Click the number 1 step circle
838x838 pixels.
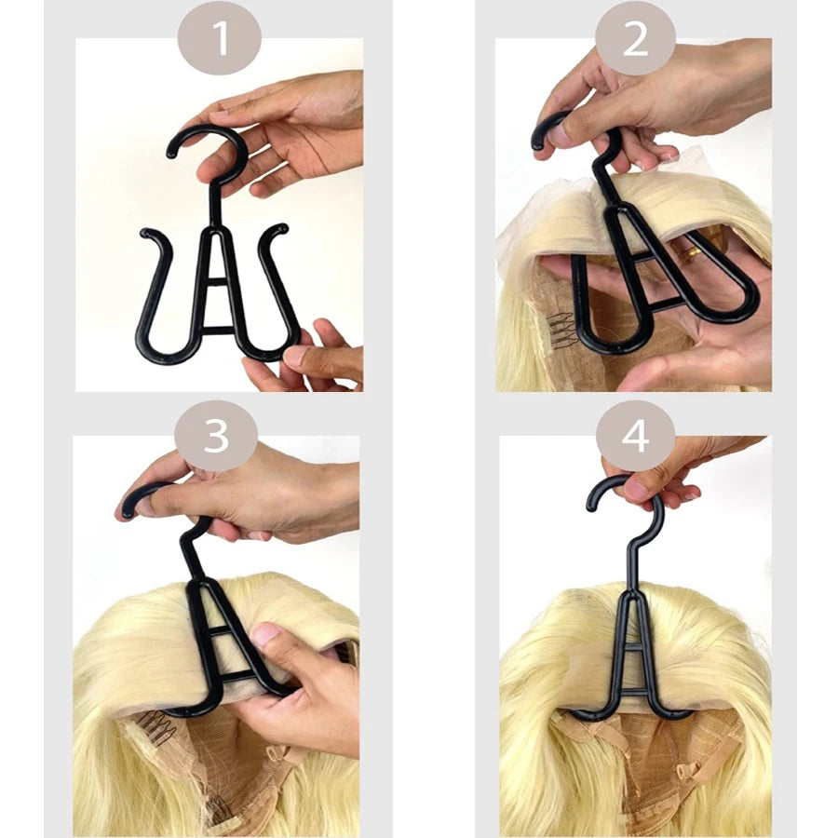pos(220,39)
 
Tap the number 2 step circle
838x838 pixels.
pos(635,39)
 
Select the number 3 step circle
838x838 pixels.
pos(216,436)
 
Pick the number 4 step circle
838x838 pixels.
pos(635,436)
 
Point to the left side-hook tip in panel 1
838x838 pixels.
pos(145,233)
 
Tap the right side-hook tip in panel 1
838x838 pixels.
pos(282,229)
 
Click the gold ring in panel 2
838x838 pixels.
pos(688,249)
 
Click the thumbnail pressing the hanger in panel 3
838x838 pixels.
pos(265,635)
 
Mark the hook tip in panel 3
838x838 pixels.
pos(128,511)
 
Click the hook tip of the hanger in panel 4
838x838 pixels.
pos(592,504)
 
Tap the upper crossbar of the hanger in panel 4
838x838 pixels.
pos(634,648)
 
